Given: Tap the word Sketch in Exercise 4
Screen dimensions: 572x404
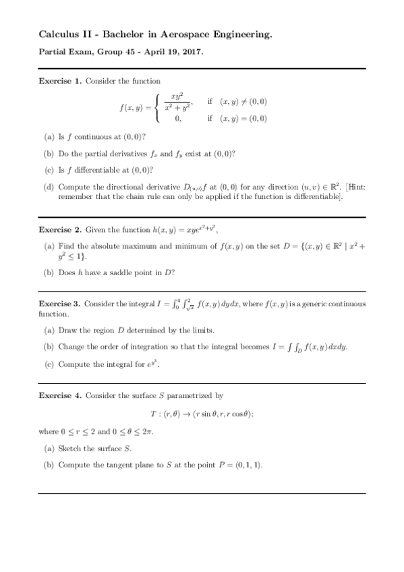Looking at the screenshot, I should pos(71,449).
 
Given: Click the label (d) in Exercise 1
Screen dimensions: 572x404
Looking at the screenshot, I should pos(49,187).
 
